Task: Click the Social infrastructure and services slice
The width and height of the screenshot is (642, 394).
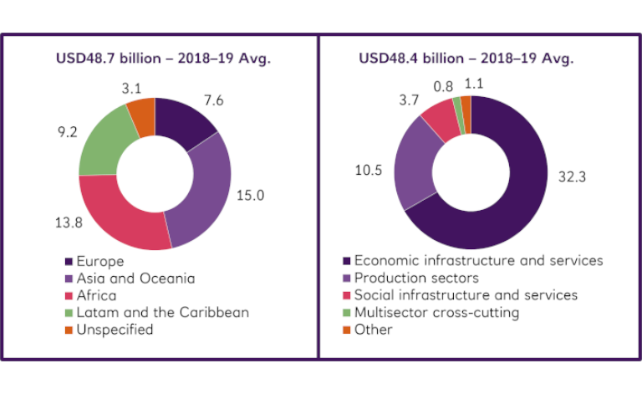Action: pyautogui.click(x=441, y=119)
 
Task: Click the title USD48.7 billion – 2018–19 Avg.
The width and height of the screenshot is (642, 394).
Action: pyautogui.click(x=164, y=59)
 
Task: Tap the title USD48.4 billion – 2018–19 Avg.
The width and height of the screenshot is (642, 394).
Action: pyautogui.click(x=466, y=59)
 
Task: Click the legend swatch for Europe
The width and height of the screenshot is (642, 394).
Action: pyautogui.click(x=68, y=260)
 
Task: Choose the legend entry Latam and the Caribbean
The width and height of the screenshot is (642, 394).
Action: pyautogui.click(x=161, y=312)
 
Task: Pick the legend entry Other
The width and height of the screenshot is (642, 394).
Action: pyautogui.click(x=373, y=330)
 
